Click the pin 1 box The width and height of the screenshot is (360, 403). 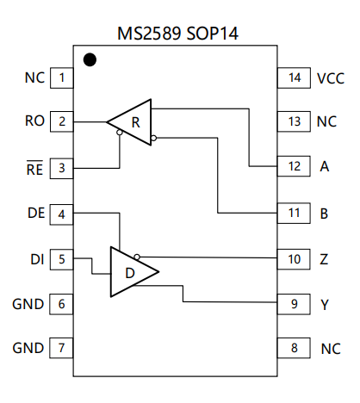pyautogui.click(x=62, y=77)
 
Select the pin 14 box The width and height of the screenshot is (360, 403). pyautogui.click(x=294, y=77)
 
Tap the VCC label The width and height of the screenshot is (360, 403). pyautogui.click(x=331, y=78)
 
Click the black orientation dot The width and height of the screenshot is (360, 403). pyautogui.click(x=90, y=59)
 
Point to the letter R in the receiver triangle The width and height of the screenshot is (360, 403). pyautogui.click(x=136, y=122)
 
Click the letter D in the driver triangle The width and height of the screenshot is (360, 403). pyautogui.click(x=130, y=273)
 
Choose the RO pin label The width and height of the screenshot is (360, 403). pyautogui.click(x=34, y=121)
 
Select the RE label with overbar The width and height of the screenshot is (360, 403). pyautogui.click(x=34, y=168)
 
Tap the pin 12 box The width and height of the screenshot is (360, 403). pyautogui.click(x=294, y=166)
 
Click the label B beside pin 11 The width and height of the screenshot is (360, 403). pyautogui.click(x=324, y=214)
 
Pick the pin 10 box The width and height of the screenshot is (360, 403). pyautogui.click(x=294, y=259)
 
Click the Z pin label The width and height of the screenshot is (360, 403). pyautogui.click(x=324, y=259)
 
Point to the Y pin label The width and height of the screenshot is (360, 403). pyautogui.click(x=325, y=305)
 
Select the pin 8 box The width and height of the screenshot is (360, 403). pyautogui.click(x=294, y=348)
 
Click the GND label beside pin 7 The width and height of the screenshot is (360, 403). pyautogui.click(x=28, y=348)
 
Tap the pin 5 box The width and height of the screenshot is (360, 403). pyautogui.click(x=61, y=259)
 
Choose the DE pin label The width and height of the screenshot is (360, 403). pyautogui.click(x=36, y=213)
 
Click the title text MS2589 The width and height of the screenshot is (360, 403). pyautogui.click(x=149, y=34)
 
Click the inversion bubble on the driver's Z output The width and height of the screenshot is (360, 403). pyautogui.click(x=137, y=257)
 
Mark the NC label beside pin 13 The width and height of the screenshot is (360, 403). pyautogui.click(x=326, y=121)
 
